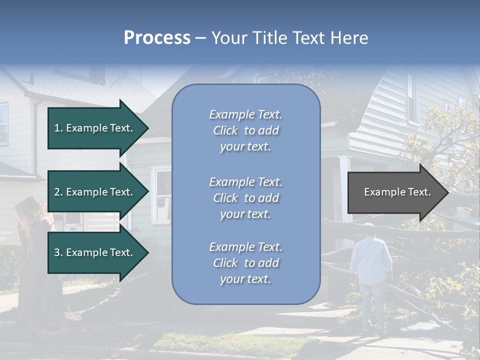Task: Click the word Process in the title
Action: click(157, 38)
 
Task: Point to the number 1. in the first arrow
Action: click(58, 128)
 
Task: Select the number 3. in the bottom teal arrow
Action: click(58, 252)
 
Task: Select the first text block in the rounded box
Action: click(245, 130)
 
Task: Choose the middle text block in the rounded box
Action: click(245, 198)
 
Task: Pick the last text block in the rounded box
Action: click(245, 263)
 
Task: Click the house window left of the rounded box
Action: click(162, 195)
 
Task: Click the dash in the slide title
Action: click(200, 38)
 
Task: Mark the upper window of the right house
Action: click(411, 97)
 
